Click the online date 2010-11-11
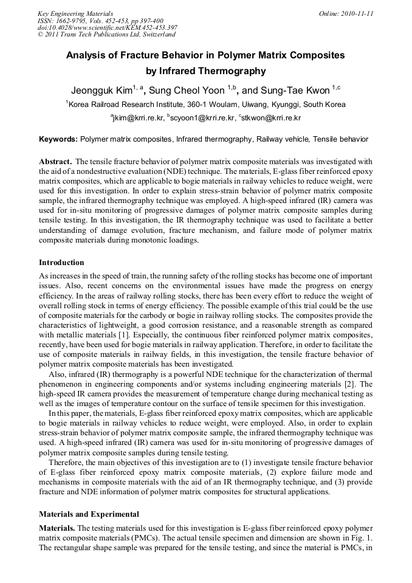[354, 13]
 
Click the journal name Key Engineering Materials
[75, 13]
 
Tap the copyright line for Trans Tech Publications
[102, 35]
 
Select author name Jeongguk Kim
[101, 91]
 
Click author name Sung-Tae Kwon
[297, 91]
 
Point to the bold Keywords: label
[58, 139]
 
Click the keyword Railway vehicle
[282, 139]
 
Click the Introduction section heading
[61, 263]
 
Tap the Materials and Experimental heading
[89, 514]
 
